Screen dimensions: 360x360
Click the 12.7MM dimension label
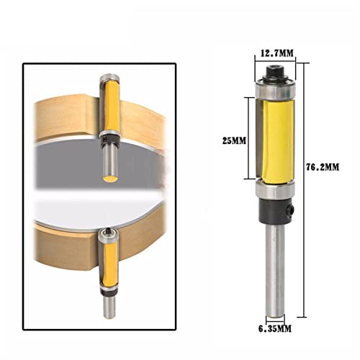point(277,53)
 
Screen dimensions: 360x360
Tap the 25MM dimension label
point(234,140)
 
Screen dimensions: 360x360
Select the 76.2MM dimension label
point(323,167)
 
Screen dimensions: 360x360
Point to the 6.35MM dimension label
point(275,328)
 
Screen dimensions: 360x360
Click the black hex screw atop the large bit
point(275,71)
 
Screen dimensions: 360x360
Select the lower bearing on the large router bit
point(275,189)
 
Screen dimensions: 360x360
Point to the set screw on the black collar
point(291,209)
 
